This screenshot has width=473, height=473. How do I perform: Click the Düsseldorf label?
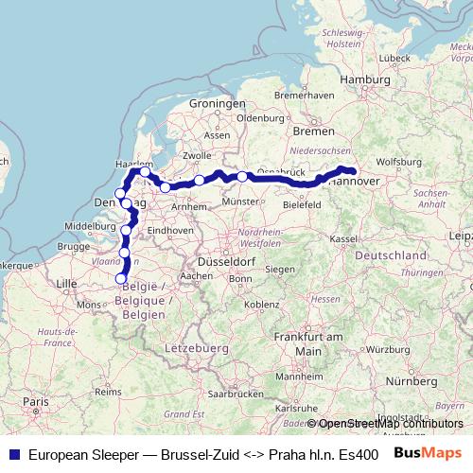tap(222, 260)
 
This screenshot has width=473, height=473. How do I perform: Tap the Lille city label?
tap(66, 283)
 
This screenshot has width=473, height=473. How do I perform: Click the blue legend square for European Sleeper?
tap(11, 453)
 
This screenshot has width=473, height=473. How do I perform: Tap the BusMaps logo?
tap(428, 452)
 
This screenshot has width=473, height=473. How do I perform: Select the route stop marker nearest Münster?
tap(243, 176)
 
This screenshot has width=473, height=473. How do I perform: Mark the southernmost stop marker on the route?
tap(120, 278)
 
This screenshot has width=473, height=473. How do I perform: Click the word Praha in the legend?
tap(287, 453)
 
